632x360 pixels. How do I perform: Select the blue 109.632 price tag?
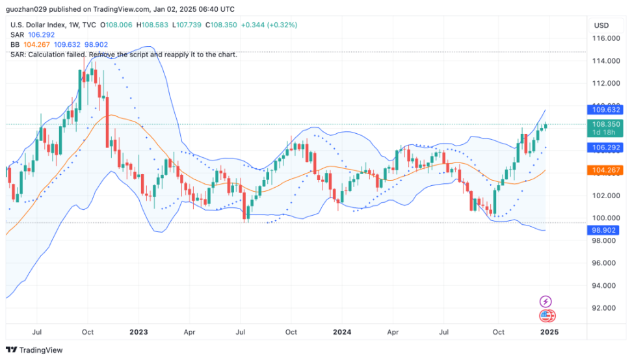click(x=606, y=110)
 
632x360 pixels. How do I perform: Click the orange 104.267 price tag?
click(x=606, y=170)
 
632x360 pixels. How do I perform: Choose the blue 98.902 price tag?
click(x=606, y=230)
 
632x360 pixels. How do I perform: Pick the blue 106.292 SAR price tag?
click(x=606, y=148)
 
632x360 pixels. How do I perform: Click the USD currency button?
click(x=601, y=25)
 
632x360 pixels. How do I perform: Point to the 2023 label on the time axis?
click(x=138, y=331)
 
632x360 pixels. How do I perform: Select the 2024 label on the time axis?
click(x=342, y=331)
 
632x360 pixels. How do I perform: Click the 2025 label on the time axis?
click(x=549, y=331)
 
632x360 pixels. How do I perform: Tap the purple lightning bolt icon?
click(x=546, y=302)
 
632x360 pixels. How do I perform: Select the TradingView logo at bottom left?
click(x=35, y=350)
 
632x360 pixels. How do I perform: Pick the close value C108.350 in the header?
click(x=221, y=25)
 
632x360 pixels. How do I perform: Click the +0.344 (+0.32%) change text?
click(x=269, y=25)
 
